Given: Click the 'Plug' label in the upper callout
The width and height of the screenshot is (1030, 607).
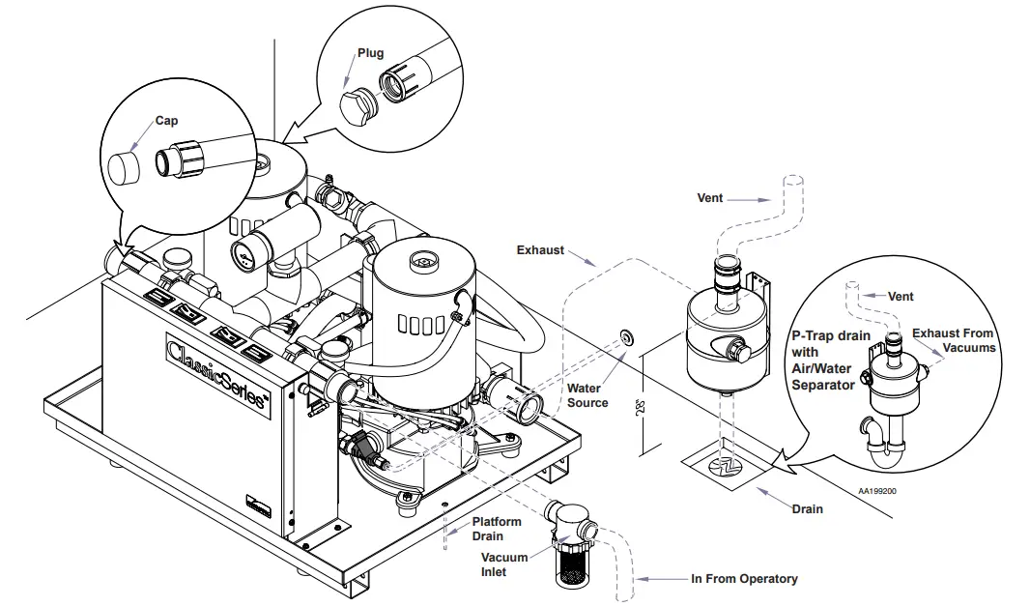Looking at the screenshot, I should (371, 53).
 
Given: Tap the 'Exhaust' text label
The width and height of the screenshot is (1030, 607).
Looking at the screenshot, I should (540, 250).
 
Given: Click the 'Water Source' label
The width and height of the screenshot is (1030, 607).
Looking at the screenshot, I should (587, 395).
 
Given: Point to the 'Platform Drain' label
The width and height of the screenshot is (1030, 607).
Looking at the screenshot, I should (497, 529).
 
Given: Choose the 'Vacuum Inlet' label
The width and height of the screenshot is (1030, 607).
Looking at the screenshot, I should (504, 564).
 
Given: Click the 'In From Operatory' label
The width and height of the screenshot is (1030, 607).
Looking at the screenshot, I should (744, 579).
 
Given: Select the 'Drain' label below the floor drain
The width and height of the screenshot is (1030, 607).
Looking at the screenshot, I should (808, 509).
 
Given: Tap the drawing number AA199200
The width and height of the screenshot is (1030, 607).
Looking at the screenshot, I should (877, 491).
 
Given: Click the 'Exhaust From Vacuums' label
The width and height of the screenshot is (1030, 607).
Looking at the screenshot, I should (953, 340).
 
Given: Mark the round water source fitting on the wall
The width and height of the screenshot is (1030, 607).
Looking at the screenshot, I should (627, 336).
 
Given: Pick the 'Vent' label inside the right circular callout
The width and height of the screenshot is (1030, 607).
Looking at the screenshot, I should (901, 297).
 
